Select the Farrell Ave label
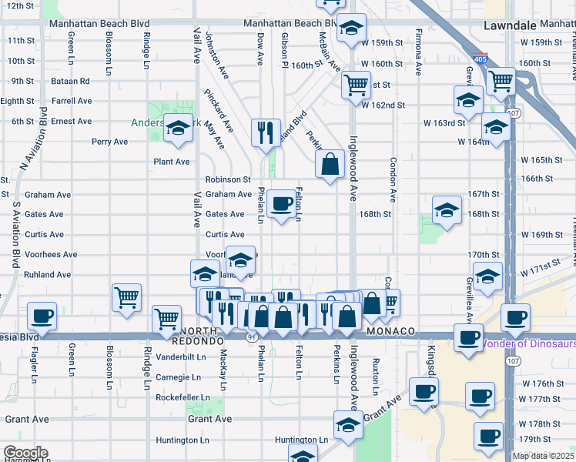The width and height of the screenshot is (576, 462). (72, 101)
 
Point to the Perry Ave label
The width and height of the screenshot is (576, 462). (109, 142)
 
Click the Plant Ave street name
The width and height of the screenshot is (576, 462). (171, 162)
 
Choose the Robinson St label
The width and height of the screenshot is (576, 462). (228, 179)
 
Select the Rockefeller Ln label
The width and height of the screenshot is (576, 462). (183, 397)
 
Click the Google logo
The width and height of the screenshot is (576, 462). (25, 453)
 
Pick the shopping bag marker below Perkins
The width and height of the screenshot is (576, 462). (330, 164)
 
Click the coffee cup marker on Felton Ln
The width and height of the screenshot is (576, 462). (283, 204)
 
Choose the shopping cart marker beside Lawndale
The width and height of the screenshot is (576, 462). (501, 79)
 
